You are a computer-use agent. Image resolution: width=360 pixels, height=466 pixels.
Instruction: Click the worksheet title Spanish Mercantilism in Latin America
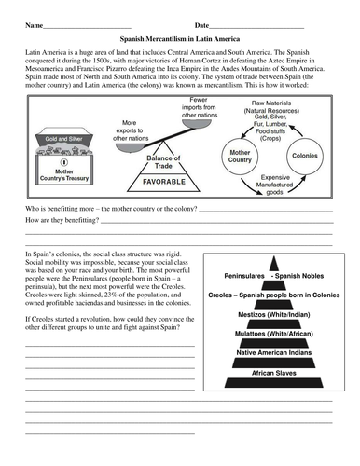click(180, 41)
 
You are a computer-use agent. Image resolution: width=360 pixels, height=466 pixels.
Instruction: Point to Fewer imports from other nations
click(199, 107)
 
